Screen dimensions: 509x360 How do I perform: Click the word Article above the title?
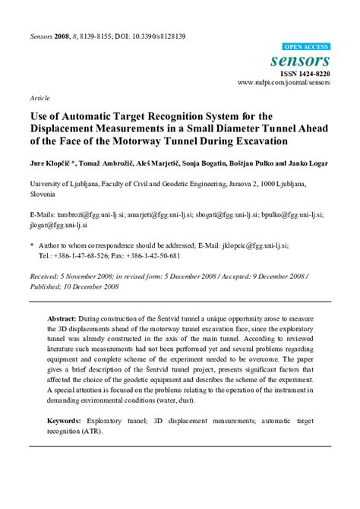coord(39,99)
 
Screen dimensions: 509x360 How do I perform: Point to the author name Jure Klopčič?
coord(51,163)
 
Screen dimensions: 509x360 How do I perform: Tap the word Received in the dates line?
coord(46,277)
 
